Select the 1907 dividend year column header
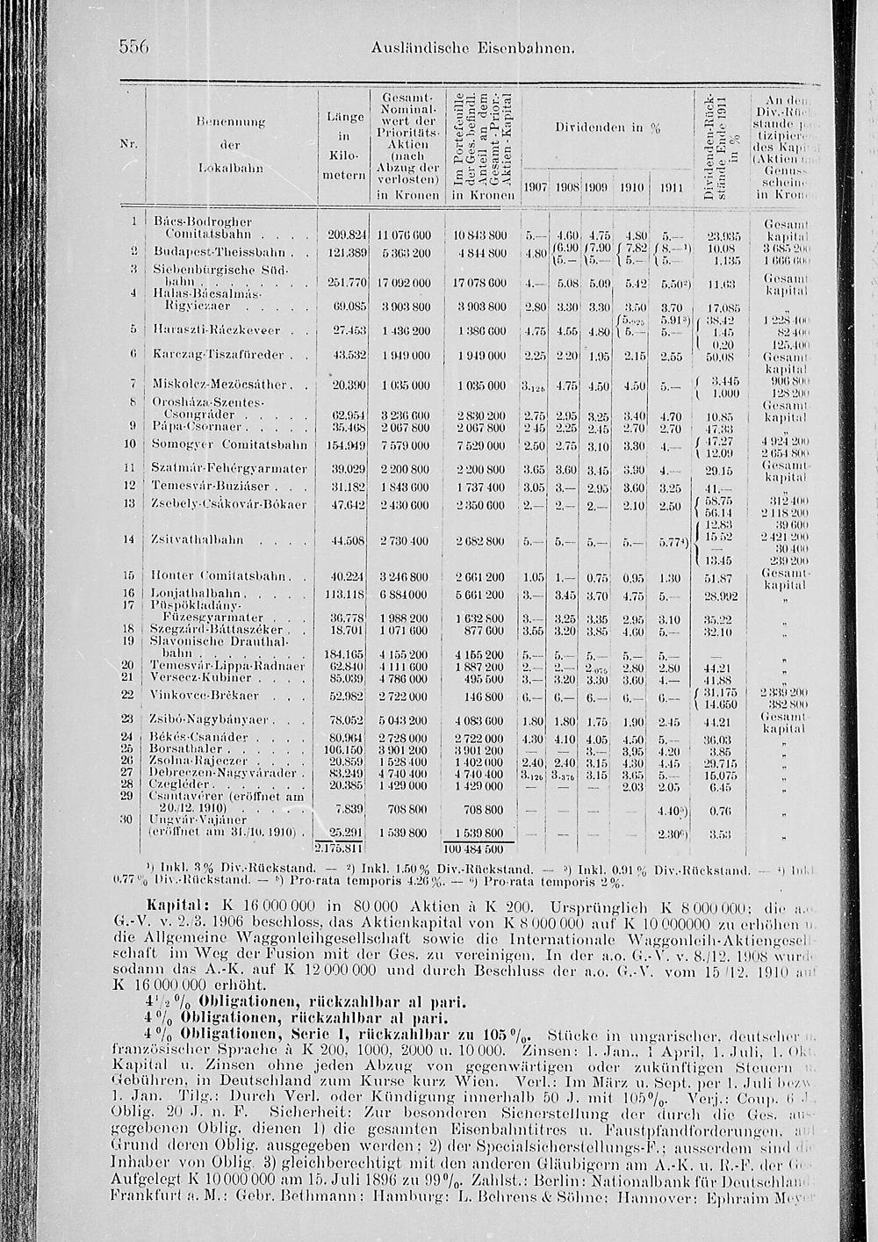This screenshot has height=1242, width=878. [536, 188]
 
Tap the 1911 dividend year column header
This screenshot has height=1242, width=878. [670, 188]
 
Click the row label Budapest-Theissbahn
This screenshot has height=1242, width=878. [204, 252]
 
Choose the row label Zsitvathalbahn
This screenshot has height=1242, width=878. [197, 539]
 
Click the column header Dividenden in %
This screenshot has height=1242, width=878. [608, 127]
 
